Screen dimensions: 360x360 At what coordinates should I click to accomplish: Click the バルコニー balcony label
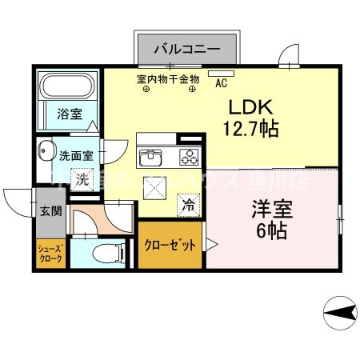coord(187,49)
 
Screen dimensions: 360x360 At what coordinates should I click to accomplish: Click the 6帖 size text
coord(272,232)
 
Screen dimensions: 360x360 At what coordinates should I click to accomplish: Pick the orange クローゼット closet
coord(169,246)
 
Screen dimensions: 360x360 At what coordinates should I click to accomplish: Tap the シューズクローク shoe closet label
coord(50,254)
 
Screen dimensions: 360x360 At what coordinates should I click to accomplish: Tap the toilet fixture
coord(105,254)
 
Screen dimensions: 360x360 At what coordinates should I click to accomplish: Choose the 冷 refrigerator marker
coord(189,205)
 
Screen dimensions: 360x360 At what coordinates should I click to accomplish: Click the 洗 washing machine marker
coord(82,180)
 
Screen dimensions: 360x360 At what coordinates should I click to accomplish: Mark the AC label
coord(222,82)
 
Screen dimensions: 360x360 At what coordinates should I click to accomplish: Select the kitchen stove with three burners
coord(190,156)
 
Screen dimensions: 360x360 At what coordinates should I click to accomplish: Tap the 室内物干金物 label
coord(168,79)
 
